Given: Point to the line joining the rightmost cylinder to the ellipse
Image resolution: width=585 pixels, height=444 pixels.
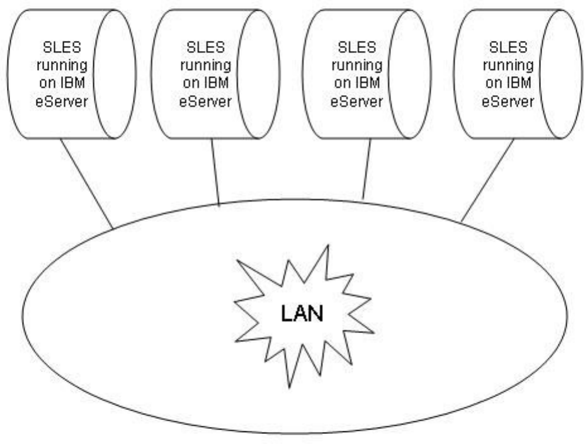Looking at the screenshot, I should click(487, 180).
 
